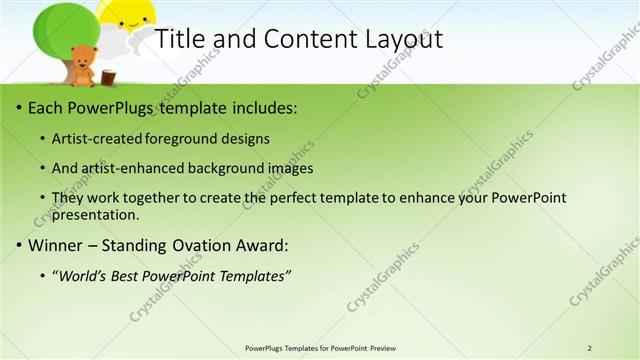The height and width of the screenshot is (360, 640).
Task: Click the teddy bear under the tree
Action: tap(82, 67)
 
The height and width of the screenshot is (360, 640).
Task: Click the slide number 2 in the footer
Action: tap(590, 348)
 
